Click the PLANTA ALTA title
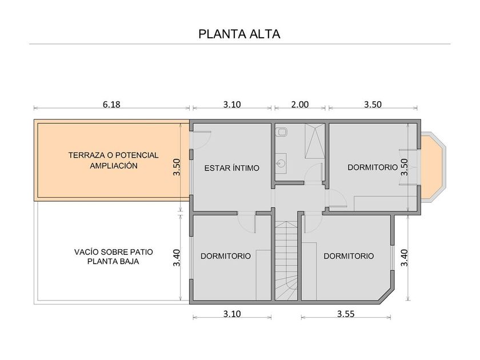tap(239, 34)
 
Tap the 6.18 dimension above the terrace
tap(111, 105)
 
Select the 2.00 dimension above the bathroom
tap(299, 105)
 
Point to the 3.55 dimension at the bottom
tap(346, 314)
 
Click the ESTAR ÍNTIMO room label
tap(232, 168)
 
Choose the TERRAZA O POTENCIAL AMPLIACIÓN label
tap(114, 161)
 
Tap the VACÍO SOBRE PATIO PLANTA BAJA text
tap(113, 257)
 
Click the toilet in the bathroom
tap(281, 132)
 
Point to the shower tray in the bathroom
tap(314, 141)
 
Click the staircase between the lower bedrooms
tap(286, 261)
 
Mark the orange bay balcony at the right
tap(432, 167)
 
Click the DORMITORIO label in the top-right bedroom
tap(373, 167)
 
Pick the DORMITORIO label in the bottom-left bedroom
tap(226, 256)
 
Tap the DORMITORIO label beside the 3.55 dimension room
tap(349, 256)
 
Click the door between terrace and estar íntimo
tap(201, 140)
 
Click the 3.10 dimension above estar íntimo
tap(232, 105)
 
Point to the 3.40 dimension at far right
tap(405, 258)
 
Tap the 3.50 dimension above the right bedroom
tap(373, 105)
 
